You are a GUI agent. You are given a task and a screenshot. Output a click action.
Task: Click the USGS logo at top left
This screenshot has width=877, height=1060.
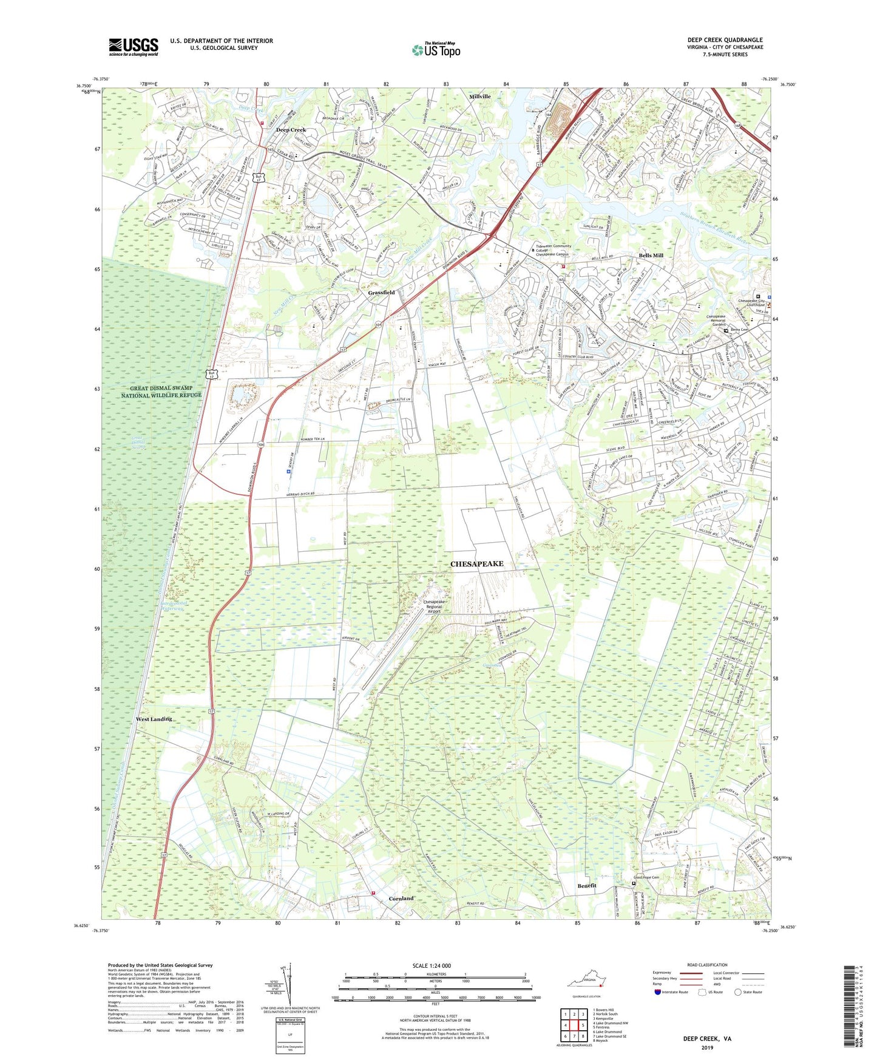[134, 47]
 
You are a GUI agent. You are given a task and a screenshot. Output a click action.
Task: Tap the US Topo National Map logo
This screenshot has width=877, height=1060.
[436, 50]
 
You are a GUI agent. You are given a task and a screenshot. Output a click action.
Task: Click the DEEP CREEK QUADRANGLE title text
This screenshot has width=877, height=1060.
[725, 40]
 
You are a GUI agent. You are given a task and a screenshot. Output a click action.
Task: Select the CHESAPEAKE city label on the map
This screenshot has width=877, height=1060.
[476, 564]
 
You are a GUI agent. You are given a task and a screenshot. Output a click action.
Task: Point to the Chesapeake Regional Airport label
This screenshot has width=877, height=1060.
[441, 606]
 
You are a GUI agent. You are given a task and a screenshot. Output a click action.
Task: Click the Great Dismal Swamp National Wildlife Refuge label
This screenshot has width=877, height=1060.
[161, 391]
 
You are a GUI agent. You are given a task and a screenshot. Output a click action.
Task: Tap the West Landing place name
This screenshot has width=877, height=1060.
[154, 719]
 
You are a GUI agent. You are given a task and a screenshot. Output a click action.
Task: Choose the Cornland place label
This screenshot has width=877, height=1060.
[401, 898]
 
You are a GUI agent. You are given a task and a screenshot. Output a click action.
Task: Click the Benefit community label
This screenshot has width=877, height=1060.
[586, 885]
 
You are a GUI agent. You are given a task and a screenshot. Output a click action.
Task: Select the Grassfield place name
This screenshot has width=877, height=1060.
[381, 292]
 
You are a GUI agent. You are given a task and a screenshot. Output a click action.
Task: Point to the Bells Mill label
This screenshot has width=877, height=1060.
[651, 256]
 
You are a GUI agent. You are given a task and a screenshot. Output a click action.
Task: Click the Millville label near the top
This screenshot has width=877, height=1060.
[479, 97]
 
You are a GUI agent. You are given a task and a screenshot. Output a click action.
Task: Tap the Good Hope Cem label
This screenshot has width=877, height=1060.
[646, 877]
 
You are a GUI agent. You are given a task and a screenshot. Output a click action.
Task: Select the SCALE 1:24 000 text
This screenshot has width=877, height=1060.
[432, 965]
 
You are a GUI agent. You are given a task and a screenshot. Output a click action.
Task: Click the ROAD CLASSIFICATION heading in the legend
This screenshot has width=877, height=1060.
[707, 965]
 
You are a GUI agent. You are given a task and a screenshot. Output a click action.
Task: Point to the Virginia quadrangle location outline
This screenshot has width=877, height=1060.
[587, 982]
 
